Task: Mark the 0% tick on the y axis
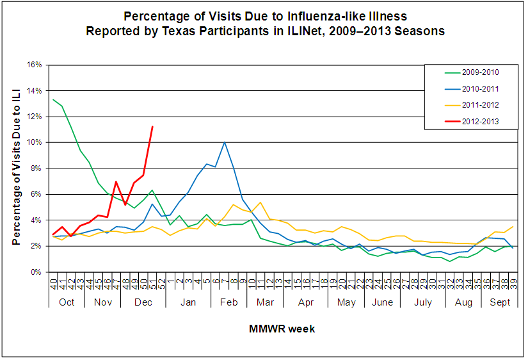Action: point(36,272)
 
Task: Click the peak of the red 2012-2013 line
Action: point(152,126)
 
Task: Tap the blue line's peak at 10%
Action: point(224,142)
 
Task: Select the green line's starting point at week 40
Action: point(54,99)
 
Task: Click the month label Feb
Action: point(228,302)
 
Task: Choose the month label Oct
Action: point(67,302)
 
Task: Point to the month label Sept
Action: point(500,302)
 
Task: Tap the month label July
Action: point(423,302)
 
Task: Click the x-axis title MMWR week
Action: point(282,329)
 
